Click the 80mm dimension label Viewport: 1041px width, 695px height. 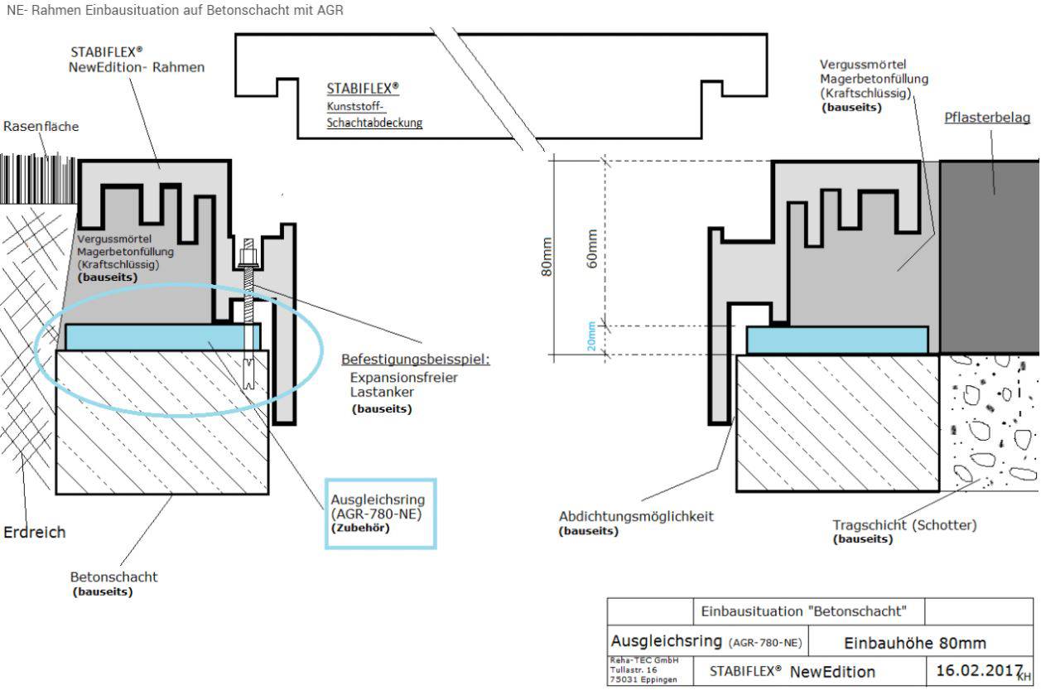(x=547, y=257)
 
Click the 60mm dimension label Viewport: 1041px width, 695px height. (x=591, y=249)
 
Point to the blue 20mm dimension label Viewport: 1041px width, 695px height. (x=591, y=335)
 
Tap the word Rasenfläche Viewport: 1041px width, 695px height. (x=41, y=127)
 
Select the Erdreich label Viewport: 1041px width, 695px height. (x=35, y=532)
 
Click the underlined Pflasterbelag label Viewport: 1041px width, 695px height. (x=987, y=118)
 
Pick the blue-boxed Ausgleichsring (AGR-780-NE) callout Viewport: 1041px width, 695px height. (x=380, y=514)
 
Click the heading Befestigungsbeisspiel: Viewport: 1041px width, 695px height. (x=416, y=360)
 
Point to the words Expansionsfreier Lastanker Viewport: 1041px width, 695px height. (x=404, y=384)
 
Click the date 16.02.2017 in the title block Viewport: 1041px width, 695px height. (x=979, y=670)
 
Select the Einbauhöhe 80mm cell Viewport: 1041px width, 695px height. (x=914, y=643)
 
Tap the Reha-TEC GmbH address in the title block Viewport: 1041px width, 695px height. (x=644, y=670)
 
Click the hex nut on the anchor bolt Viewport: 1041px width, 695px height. (x=248, y=256)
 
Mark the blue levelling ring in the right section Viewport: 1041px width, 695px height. (x=837, y=340)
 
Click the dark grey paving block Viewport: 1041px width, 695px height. (x=989, y=257)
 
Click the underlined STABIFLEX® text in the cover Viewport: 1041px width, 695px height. (x=363, y=89)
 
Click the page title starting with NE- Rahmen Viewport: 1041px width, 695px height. (x=175, y=10)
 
